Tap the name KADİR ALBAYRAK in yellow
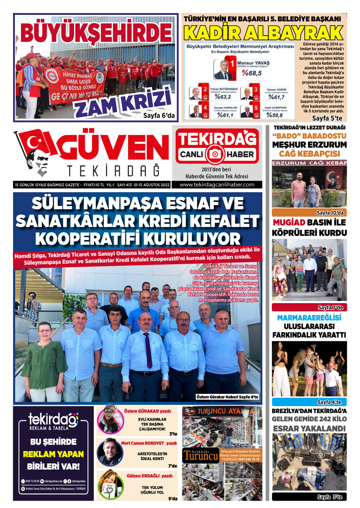pyautogui.click(x=263, y=33)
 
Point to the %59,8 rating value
pyautogui.click(x=274, y=115)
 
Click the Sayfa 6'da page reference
pyautogui.click(x=159, y=116)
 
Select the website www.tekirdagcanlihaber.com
pyautogui.click(x=217, y=185)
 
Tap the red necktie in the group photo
pyautogui.click(x=148, y=350)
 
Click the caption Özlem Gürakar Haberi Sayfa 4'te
pyautogui.click(x=227, y=397)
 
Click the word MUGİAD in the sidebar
pyautogui.click(x=289, y=223)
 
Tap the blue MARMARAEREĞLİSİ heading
pyautogui.click(x=309, y=318)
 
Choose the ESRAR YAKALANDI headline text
pyautogui.click(x=309, y=429)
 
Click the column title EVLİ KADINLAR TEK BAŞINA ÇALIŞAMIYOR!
pyautogui.click(x=152, y=424)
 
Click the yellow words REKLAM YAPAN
pyautogui.click(x=53, y=454)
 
